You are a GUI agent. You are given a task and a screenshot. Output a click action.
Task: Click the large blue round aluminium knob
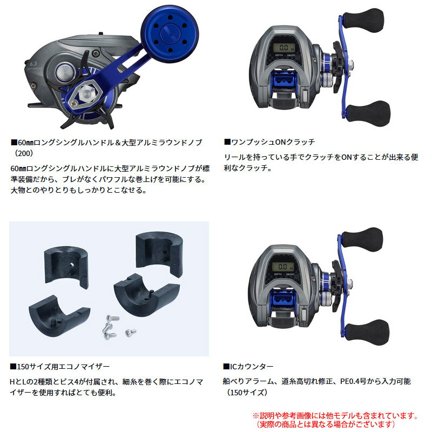[170, 34]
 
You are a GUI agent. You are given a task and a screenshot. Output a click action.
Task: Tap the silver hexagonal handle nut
[87, 94]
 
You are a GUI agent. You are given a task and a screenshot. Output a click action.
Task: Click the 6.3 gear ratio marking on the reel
[33, 64]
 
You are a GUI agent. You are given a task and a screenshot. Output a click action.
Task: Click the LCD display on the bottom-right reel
[282, 266]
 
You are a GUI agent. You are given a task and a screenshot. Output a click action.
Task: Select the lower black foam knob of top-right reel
[368, 113]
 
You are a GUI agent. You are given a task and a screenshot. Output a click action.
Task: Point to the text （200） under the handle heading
[24, 153]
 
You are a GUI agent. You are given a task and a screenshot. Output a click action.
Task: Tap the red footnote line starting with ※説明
[335, 416]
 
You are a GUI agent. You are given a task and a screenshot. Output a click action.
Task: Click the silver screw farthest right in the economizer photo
[130, 333]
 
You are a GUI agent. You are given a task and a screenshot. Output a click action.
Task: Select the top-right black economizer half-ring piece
[160, 253]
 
